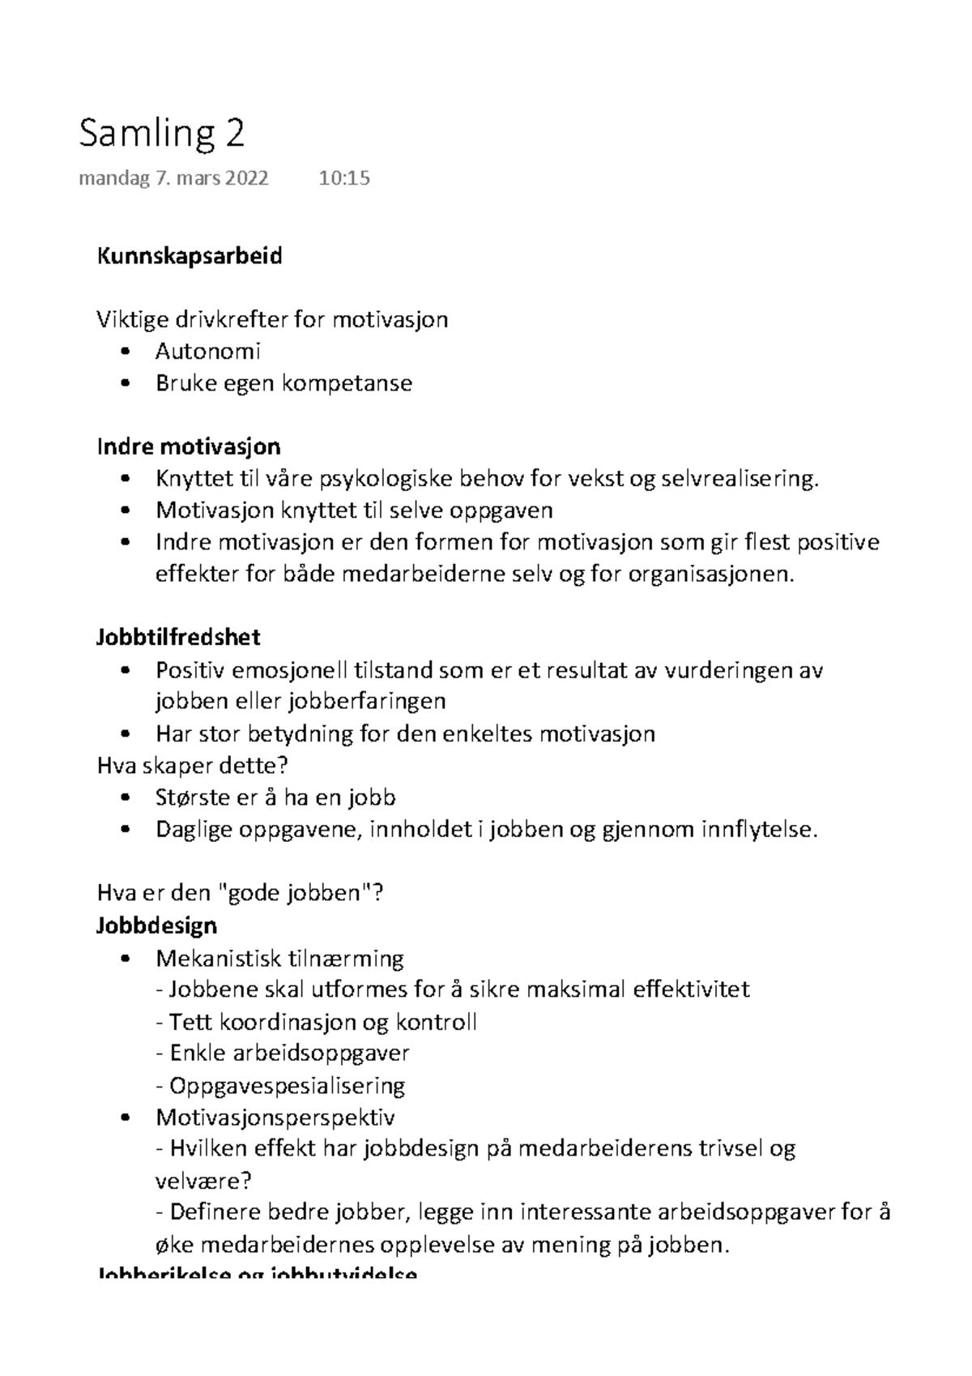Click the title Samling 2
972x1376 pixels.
tap(161, 134)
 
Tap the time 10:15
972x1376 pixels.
tap(344, 178)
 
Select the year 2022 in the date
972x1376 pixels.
tap(247, 178)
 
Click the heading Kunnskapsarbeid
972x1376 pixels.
tap(190, 257)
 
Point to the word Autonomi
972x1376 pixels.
tap(208, 352)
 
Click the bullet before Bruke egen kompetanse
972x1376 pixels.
tap(124, 383)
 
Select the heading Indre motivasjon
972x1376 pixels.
tap(189, 447)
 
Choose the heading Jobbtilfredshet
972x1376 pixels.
tap(178, 637)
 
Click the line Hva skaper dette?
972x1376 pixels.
tap(193, 765)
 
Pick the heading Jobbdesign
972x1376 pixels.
tap(156, 925)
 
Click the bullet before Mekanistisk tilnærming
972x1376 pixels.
tap(124, 959)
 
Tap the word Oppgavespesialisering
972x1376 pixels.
tap(287, 1085)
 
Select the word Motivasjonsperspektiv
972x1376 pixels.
tap(275, 1117)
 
